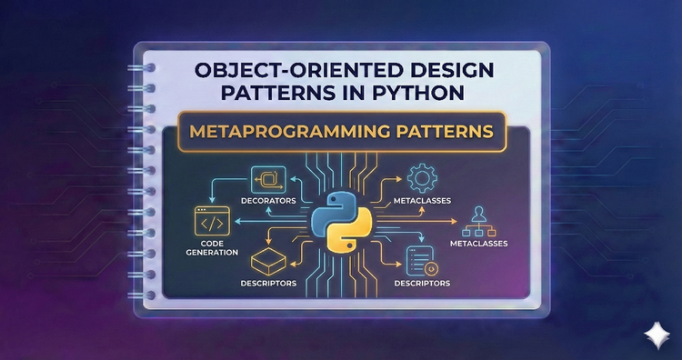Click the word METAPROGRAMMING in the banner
290,132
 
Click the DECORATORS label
265,199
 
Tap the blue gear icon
421,176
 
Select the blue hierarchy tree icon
479,220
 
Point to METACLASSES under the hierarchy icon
478,244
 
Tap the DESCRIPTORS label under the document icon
422,284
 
